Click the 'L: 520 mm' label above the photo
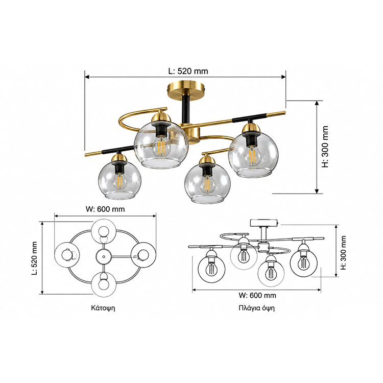click(188, 71)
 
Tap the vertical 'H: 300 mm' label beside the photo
click(325, 147)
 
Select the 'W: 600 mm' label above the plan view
click(105, 209)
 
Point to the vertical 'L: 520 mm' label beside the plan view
click(34, 258)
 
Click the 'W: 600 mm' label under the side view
click(257, 295)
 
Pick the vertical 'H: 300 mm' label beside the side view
click(344, 253)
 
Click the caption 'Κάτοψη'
click(103, 308)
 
